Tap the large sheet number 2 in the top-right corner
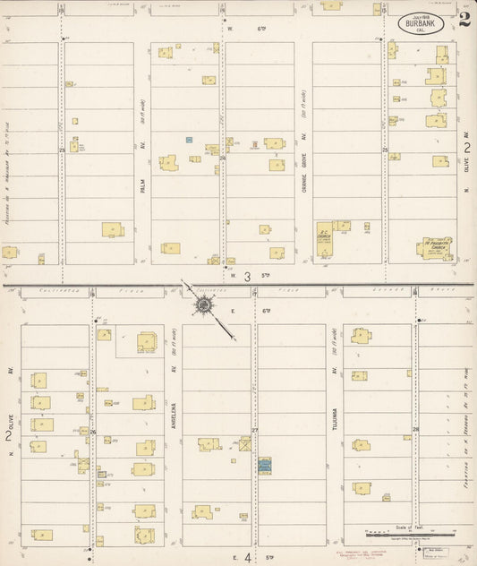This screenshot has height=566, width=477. [x=464, y=20]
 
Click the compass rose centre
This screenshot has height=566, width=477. [x=205, y=306]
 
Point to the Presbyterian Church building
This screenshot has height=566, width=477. [x=438, y=247]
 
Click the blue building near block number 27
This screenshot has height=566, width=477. [x=264, y=466]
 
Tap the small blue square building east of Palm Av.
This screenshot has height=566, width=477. [x=189, y=140]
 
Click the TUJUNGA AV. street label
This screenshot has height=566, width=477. [x=334, y=412]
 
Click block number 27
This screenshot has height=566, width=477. [x=254, y=431]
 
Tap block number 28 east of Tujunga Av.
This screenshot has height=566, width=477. [x=415, y=430]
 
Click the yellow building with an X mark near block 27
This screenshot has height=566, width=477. [x=244, y=443]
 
